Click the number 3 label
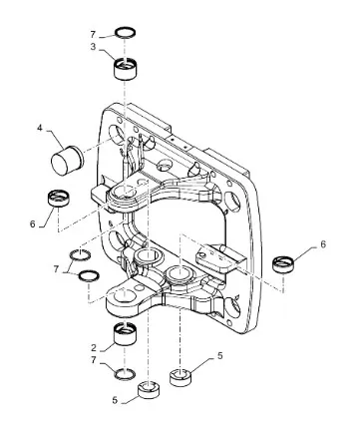(x=93, y=47)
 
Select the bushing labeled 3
(x=126, y=68)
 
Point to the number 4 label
(x=40, y=128)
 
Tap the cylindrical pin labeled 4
(x=67, y=161)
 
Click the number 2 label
(x=94, y=348)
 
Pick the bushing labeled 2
(x=125, y=334)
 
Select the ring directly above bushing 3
(x=126, y=33)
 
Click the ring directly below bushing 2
(x=125, y=375)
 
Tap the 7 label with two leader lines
(x=56, y=269)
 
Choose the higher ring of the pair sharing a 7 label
(x=80, y=254)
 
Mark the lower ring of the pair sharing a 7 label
(x=89, y=276)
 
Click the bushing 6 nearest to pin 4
(x=59, y=198)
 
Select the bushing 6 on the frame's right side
(x=283, y=263)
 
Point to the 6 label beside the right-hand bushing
(x=323, y=244)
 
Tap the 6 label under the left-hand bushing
(x=32, y=224)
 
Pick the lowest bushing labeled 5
(x=149, y=390)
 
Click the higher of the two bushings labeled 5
(x=181, y=377)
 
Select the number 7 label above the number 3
(x=93, y=34)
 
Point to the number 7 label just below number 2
(x=94, y=361)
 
